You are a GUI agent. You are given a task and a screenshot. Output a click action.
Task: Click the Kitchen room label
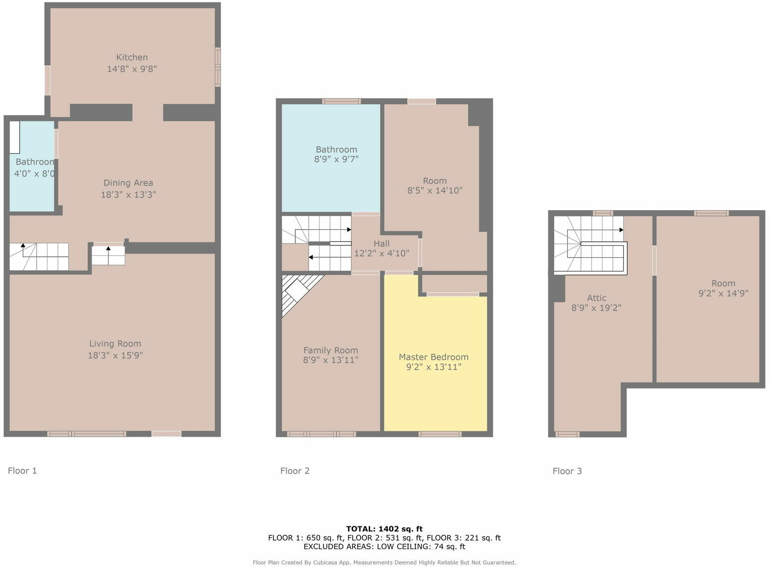[x=132, y=57]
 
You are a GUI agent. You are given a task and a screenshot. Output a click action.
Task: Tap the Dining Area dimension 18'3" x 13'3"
[x=128, y=195]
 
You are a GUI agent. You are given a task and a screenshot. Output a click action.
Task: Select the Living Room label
[x=115, y=343]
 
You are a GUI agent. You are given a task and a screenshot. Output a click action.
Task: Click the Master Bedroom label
[x=434, y=357]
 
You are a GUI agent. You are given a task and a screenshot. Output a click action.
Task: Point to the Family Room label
[x=330, y=350]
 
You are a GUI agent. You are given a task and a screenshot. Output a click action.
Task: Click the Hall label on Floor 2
[x=382, y=243]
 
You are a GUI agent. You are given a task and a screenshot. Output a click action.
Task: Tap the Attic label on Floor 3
[x=597, y=298]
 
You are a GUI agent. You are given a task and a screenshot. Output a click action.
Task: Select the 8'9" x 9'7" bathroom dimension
[x=336, y=159]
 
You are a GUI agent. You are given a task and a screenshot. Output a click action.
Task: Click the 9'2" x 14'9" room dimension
[x=723, y=293]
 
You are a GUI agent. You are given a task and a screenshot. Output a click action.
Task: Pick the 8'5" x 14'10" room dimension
[x=435, y=190]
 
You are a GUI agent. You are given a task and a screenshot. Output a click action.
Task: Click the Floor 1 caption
[x=22, y=470]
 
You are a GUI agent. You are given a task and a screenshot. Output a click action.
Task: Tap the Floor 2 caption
[x=295, y=471]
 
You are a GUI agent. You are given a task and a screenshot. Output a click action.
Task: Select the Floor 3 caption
[x=567, y=471]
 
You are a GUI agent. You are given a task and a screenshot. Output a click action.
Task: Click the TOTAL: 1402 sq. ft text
[x=384, y=529]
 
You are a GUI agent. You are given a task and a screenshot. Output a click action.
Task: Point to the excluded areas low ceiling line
[x=384, y=546]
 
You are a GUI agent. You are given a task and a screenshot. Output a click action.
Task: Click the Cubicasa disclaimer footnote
[x=384, y=563]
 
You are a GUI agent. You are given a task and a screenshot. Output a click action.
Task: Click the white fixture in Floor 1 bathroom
[x=14, y=137]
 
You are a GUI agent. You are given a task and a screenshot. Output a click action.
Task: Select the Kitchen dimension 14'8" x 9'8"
[x=132, y=69]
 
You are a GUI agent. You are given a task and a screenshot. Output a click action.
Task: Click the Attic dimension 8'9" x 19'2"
[x=596, y=308]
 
